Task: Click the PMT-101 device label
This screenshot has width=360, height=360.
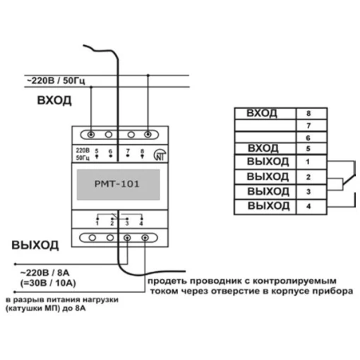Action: coord(117,184)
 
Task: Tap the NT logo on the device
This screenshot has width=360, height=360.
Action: coord(160,155)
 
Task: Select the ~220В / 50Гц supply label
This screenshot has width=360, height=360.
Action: coord(56,80)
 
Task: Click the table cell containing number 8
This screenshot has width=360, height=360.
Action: coord(311,114)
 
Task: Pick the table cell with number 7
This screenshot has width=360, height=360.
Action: coord(311,126)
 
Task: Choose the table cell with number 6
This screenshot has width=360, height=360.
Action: coord(311,138)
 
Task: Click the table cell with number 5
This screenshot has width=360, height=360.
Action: coord(311,149)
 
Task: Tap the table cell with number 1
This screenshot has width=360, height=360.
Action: coord(311,162)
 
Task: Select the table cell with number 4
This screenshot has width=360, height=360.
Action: coord(311,207)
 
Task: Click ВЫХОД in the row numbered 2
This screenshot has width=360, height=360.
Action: coord(268,176)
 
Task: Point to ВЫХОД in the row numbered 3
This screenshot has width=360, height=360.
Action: coord(268,191)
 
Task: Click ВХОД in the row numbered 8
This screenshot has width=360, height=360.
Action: coord(262,113)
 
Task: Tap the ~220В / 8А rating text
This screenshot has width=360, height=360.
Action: coord(45,273)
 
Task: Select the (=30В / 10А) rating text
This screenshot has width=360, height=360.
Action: coord(48,283)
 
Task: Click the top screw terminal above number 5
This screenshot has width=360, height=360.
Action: coord(91,135)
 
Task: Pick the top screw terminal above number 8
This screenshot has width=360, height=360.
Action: coord(148,135)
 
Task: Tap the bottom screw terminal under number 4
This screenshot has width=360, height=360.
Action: coord(145,238)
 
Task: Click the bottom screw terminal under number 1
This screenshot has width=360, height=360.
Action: coord(92,238)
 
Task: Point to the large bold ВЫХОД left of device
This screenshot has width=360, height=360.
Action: coord(35,245)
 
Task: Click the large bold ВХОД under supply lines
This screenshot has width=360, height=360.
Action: coord(54,100)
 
